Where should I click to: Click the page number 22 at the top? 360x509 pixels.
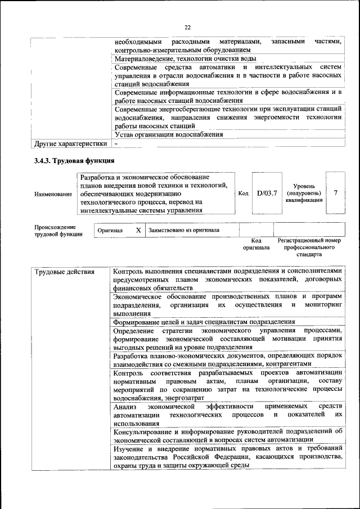(188, 27)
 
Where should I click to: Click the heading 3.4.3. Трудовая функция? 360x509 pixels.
(74, 161)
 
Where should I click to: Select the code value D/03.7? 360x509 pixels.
(267, 193)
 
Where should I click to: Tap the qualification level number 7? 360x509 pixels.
(335, 193)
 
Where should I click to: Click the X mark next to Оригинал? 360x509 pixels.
(138, 231)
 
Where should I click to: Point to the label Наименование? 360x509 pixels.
(53, 194)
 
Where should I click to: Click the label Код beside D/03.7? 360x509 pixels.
(243, 193)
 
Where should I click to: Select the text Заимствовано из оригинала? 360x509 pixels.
(184, 231)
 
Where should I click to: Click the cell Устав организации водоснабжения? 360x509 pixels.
(169, 134)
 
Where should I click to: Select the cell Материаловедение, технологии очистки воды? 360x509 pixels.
(185, 58)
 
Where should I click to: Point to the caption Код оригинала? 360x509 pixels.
(256, 244)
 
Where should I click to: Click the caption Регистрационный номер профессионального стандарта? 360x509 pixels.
(309, 247)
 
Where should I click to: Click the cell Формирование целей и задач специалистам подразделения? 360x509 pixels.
(204, 322)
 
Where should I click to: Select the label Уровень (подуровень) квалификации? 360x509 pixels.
(304, 193)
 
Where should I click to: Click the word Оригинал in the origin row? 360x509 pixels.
(110, 231)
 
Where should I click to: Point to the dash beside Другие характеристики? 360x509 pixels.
(115, 143)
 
